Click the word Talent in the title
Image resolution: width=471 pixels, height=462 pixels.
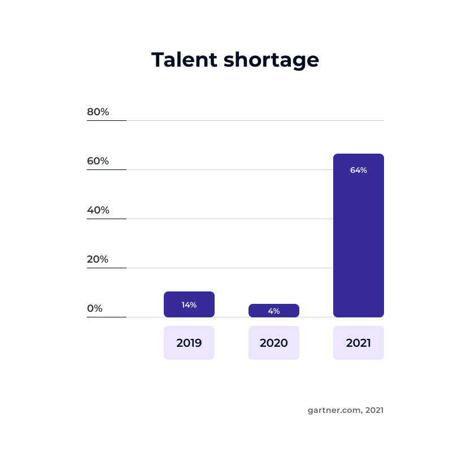click(184, 59)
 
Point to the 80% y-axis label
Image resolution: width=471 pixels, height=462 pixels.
click(98, 112)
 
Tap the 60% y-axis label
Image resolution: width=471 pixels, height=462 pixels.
click(98, 161)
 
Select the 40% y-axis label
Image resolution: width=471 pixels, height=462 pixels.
click(98, 210)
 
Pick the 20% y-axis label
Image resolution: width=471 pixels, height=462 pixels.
click(98, 259)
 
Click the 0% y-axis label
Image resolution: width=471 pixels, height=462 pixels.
click(95, 308)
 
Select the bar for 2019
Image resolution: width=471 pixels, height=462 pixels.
click(189, 304)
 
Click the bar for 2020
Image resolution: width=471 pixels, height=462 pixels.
click(274, 311)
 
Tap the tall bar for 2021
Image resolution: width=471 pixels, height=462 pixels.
click(359, 236)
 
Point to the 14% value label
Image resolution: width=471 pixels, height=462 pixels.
click(189, 305)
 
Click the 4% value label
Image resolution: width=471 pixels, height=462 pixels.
click(274, 311)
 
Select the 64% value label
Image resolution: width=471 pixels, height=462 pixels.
click(359, 171)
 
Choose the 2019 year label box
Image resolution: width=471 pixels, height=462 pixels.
click(189, 343)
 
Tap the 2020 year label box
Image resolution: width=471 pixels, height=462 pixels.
click(274, 343)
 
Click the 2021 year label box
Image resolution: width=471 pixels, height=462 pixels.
click(359, 343)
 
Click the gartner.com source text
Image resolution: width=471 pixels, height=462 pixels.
click(335, 411)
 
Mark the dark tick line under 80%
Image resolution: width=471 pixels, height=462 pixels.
click(107, 120)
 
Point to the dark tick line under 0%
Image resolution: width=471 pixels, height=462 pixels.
click(107, 317)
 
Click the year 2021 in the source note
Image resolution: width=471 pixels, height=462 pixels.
click(374, 410)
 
